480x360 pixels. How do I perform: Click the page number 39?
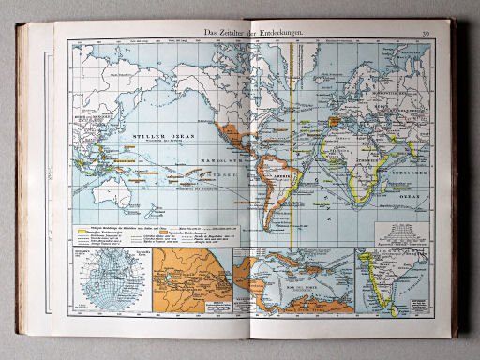point(425,35)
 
